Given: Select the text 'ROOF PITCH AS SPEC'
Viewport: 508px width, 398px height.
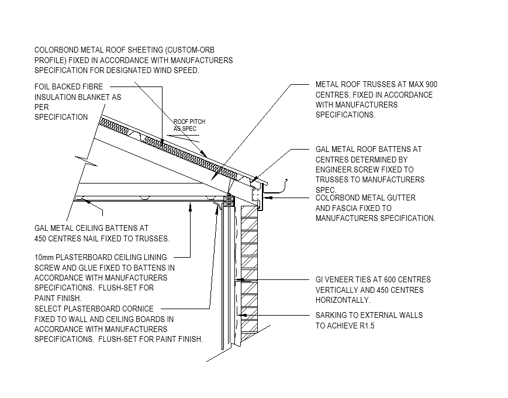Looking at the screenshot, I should click(189, 125).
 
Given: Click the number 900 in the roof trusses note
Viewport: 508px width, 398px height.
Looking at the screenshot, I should click(431, 84).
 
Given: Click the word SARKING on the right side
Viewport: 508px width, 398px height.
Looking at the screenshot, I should click(333, 316).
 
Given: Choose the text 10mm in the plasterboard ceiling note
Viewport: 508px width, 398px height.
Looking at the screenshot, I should click(46, 257).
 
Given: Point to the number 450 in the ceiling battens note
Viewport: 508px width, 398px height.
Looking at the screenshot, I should click(42, 238).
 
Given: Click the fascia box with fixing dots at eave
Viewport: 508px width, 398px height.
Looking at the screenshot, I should click(256, 193).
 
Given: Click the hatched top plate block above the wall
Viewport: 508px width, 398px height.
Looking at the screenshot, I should click(229, 200).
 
